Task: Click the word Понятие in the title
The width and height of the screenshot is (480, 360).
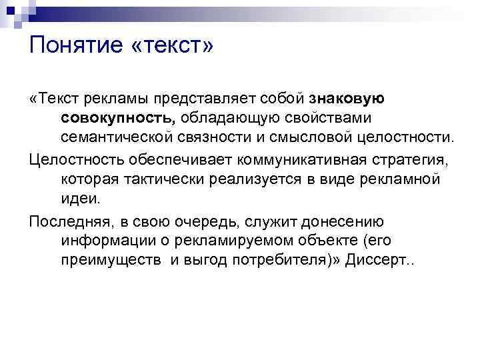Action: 75,47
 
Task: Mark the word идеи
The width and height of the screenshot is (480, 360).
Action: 79,199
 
